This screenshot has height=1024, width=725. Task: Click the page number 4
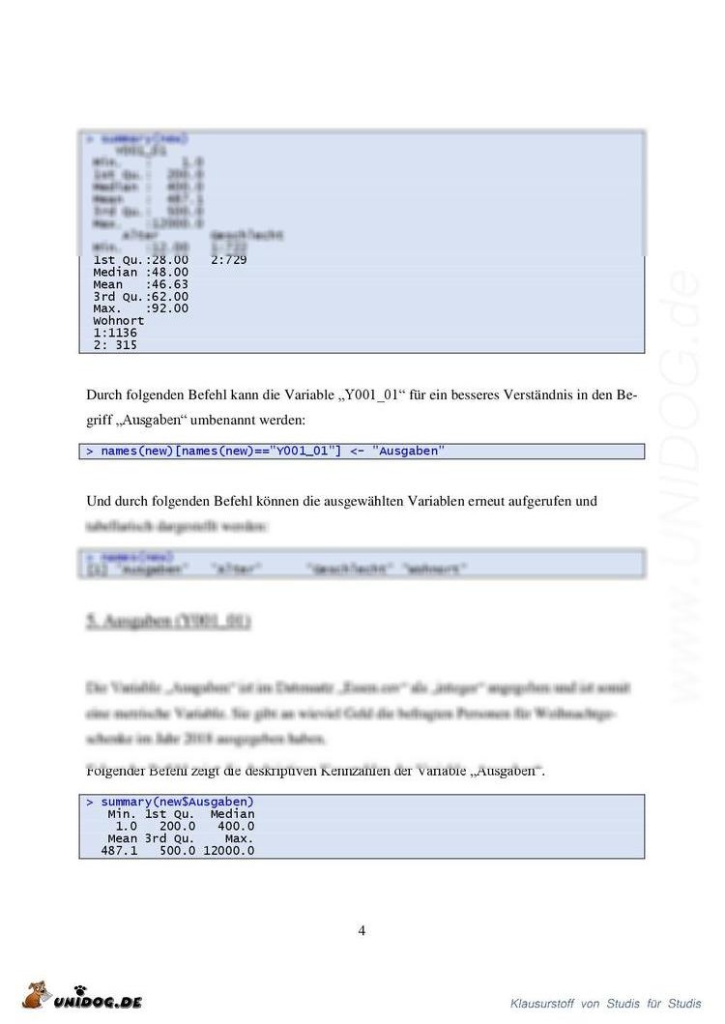[362, 931]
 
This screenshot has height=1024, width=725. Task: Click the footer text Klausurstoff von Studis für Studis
[605, 1004]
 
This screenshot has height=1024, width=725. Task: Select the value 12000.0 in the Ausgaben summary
[229, 850]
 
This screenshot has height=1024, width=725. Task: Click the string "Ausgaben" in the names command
[409, 452]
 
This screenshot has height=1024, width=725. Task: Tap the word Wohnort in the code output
[119, 320]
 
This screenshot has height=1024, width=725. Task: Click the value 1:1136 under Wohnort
[115, 333]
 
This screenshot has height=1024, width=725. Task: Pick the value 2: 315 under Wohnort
[115, 345]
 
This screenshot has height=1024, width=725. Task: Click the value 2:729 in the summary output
[228, 260]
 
